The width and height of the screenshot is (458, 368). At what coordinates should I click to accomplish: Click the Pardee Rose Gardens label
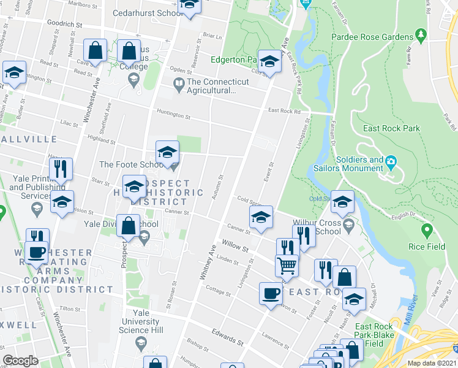(372, 37)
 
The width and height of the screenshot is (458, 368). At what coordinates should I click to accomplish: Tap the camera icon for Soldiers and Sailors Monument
(391, 162)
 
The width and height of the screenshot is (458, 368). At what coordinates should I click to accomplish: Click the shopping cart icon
(286, 265)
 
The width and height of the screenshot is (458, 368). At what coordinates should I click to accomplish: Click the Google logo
(21, 361)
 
